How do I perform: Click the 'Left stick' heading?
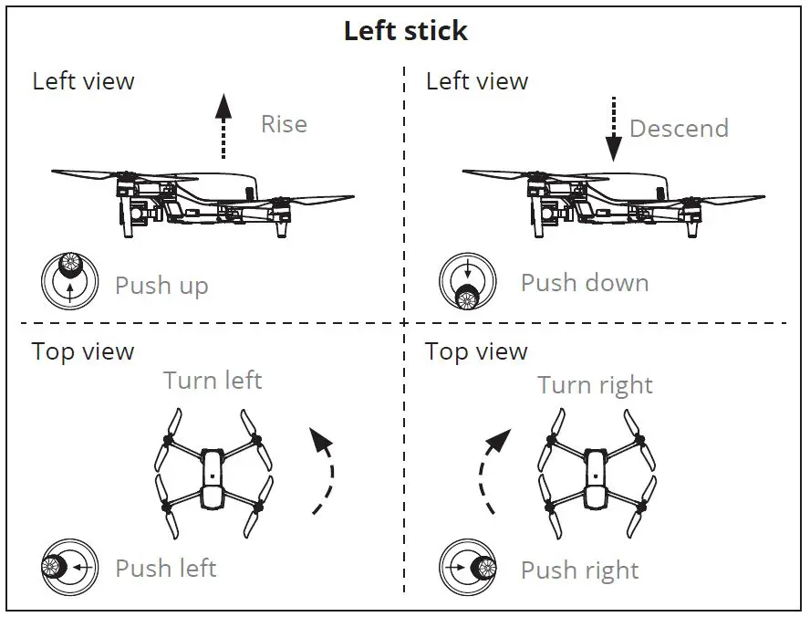(x=405, y=31)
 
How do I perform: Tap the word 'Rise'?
(x=284, y=124)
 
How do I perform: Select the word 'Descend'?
(x=679, y=129)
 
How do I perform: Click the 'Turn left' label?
(x=213, y=380)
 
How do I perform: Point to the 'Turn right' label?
(x=595, y=385)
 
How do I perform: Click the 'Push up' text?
(x=161, y=286)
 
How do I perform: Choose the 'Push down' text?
(x=585, y=283)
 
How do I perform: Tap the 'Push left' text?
(x=165, y=569)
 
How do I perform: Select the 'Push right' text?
(x=579, y=571)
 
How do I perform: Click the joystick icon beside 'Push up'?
(x=69, y=280)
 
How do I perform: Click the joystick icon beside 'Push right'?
(x=467, y=568)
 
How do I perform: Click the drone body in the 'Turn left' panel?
(x=213, y=476)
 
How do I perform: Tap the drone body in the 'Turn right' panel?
(x=596, y=476)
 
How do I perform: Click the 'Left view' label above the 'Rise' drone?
(x=83, y=81)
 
